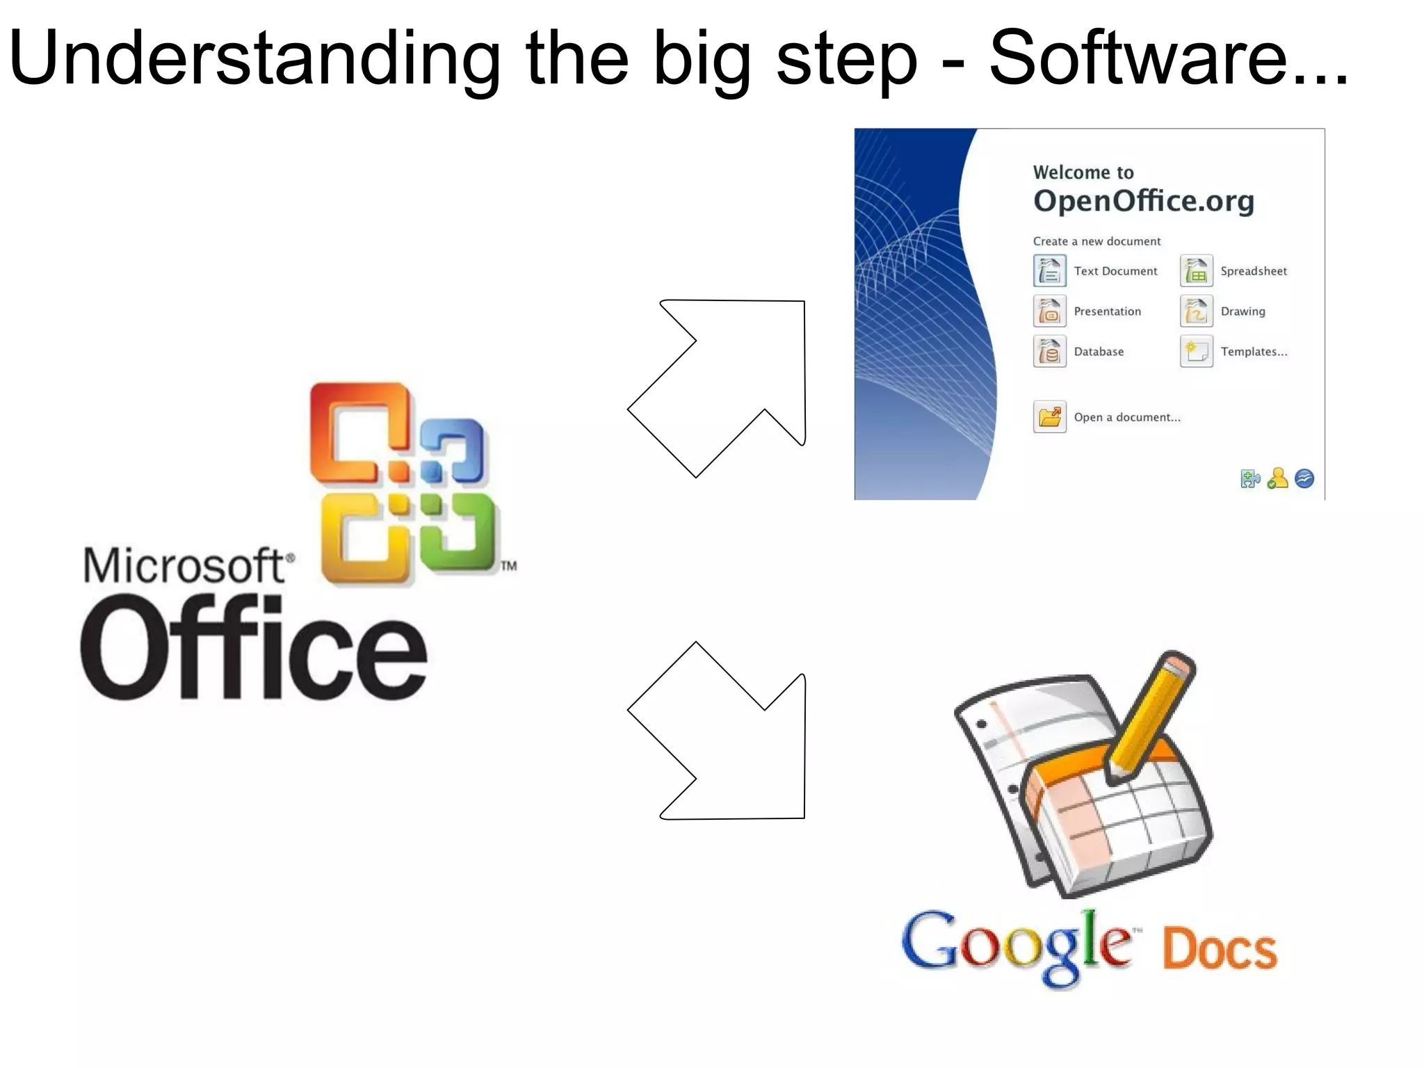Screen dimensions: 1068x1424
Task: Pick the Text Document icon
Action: click(1049, 270)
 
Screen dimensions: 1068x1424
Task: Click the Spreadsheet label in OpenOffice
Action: click(1253, 271)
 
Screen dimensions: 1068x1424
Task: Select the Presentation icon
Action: click(1049, 311)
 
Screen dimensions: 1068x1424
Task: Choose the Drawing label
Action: click(1243, 311)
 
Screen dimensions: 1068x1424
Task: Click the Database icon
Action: click(1049, 352)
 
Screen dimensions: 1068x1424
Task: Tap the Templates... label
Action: click(1254, 352)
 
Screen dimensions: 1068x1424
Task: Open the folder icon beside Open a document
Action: click(1049, 417)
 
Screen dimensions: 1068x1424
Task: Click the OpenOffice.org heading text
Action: click(1143, 201)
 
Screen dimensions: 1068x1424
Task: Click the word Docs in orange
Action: click(1219, 949)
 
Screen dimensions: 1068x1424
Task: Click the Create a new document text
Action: click(1097, 241)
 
